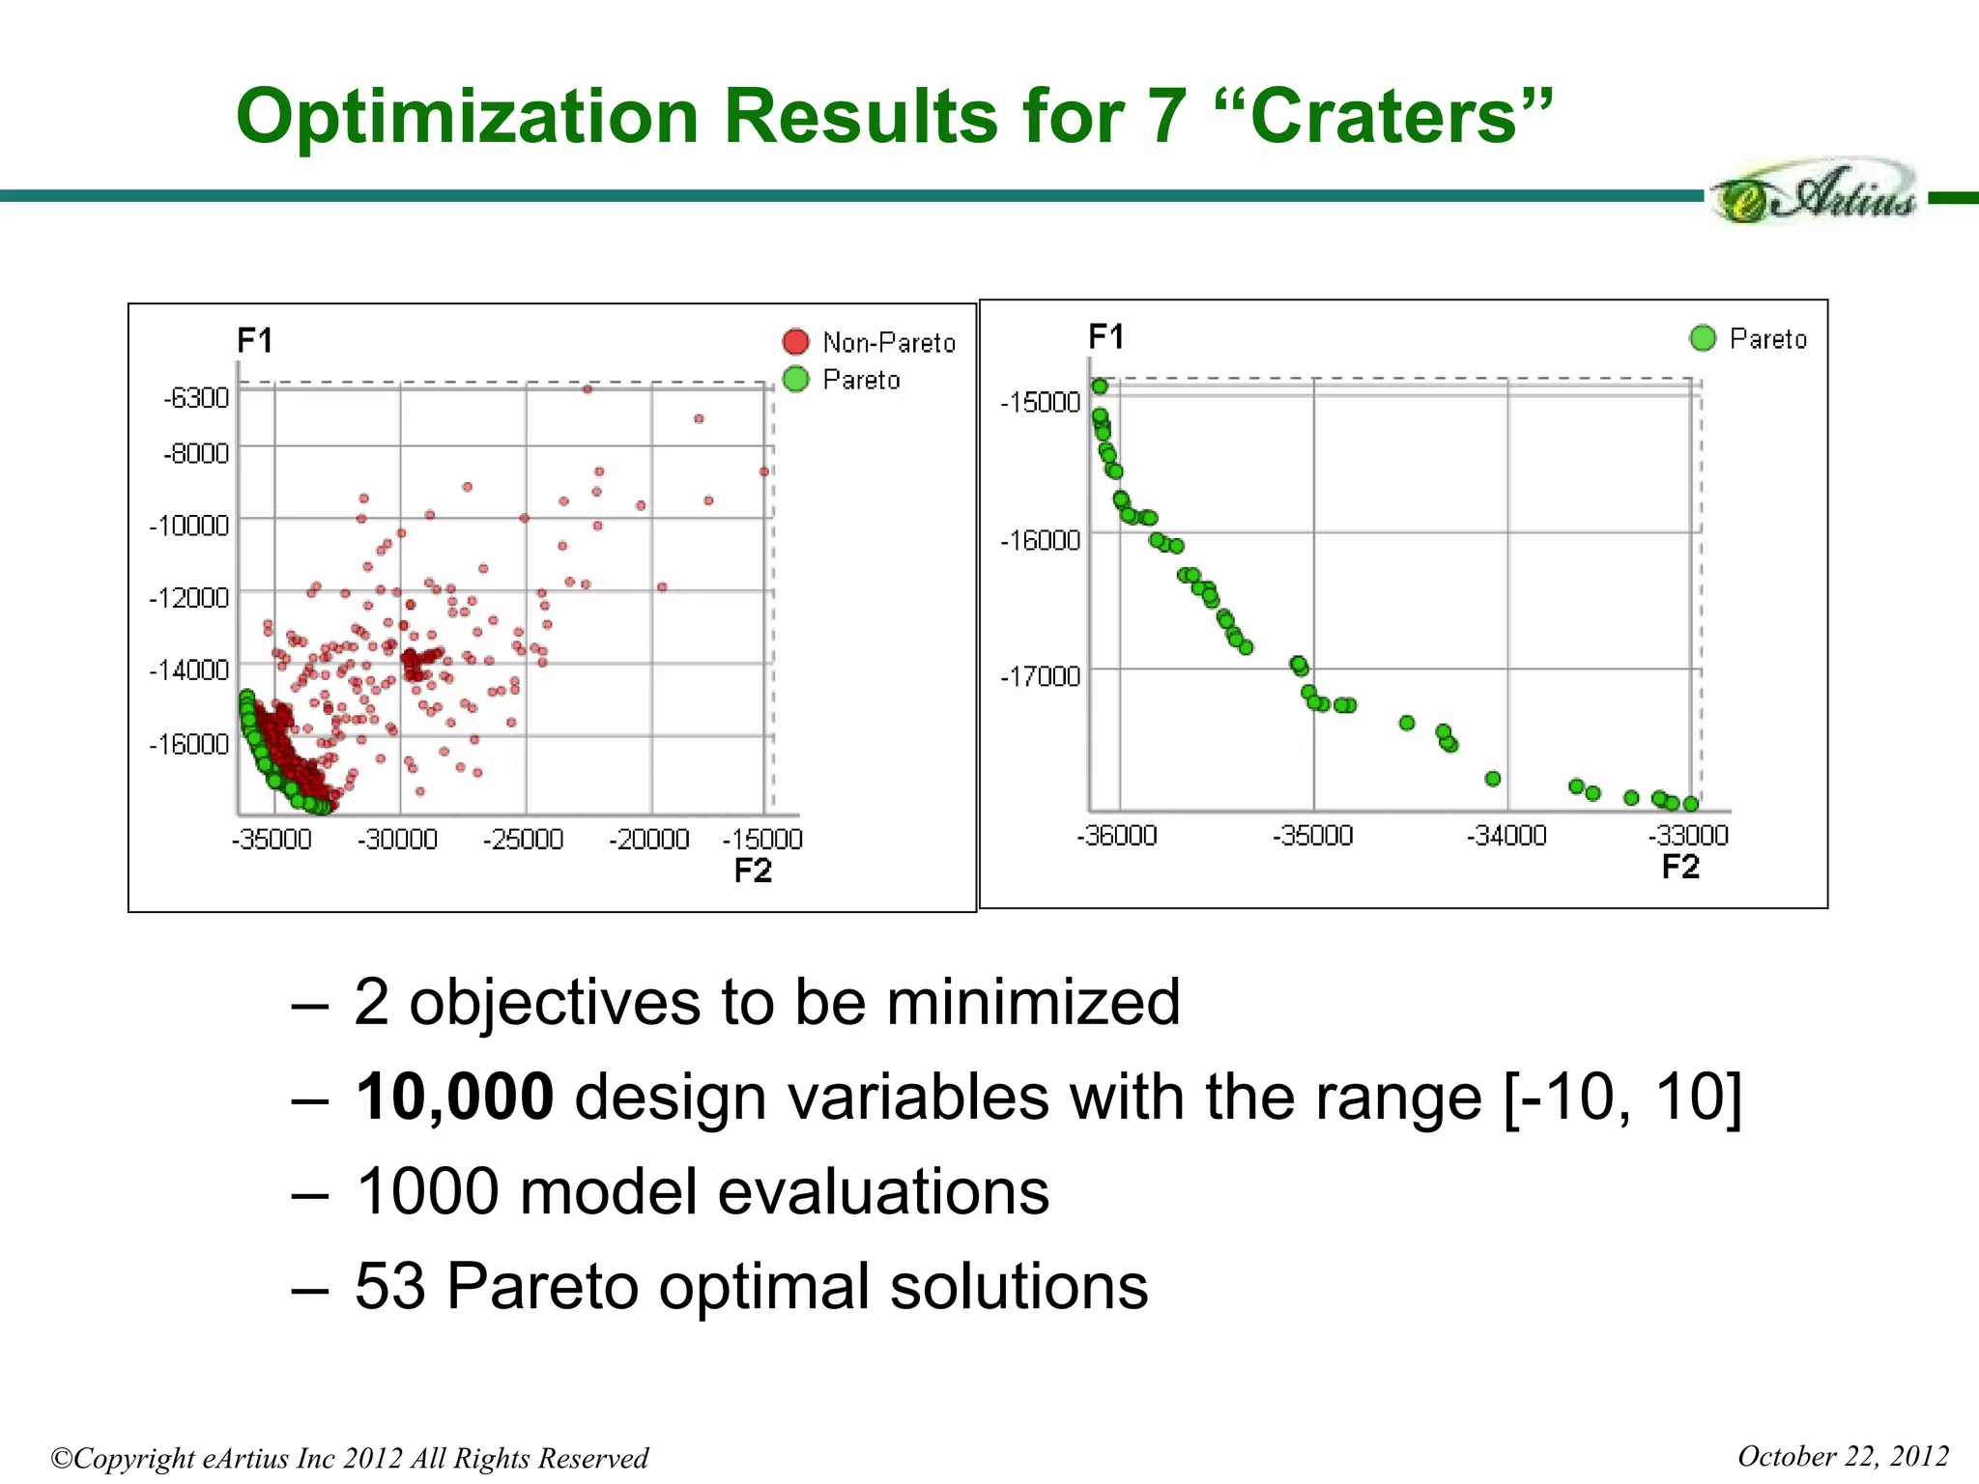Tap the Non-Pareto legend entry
click(888, 343)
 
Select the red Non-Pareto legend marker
click(795, 342)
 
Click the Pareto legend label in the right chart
click(1767, 339)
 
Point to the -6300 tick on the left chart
click(197, 397)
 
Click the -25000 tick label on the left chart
click(523, 839)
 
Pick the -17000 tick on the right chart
click(1041, 675)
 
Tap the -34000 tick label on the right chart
click(1506, 835)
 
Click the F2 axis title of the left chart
click(753, 870)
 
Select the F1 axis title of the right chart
click(1105, 336)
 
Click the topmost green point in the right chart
click(1100, 386)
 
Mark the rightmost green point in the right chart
click(1691, 804)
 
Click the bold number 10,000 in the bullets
click(454, 1098)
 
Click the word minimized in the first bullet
click(1033, 1002)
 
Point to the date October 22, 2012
click(1843, 1456)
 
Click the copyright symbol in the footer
click(62, 1458)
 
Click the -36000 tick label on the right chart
click(1117, 835)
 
